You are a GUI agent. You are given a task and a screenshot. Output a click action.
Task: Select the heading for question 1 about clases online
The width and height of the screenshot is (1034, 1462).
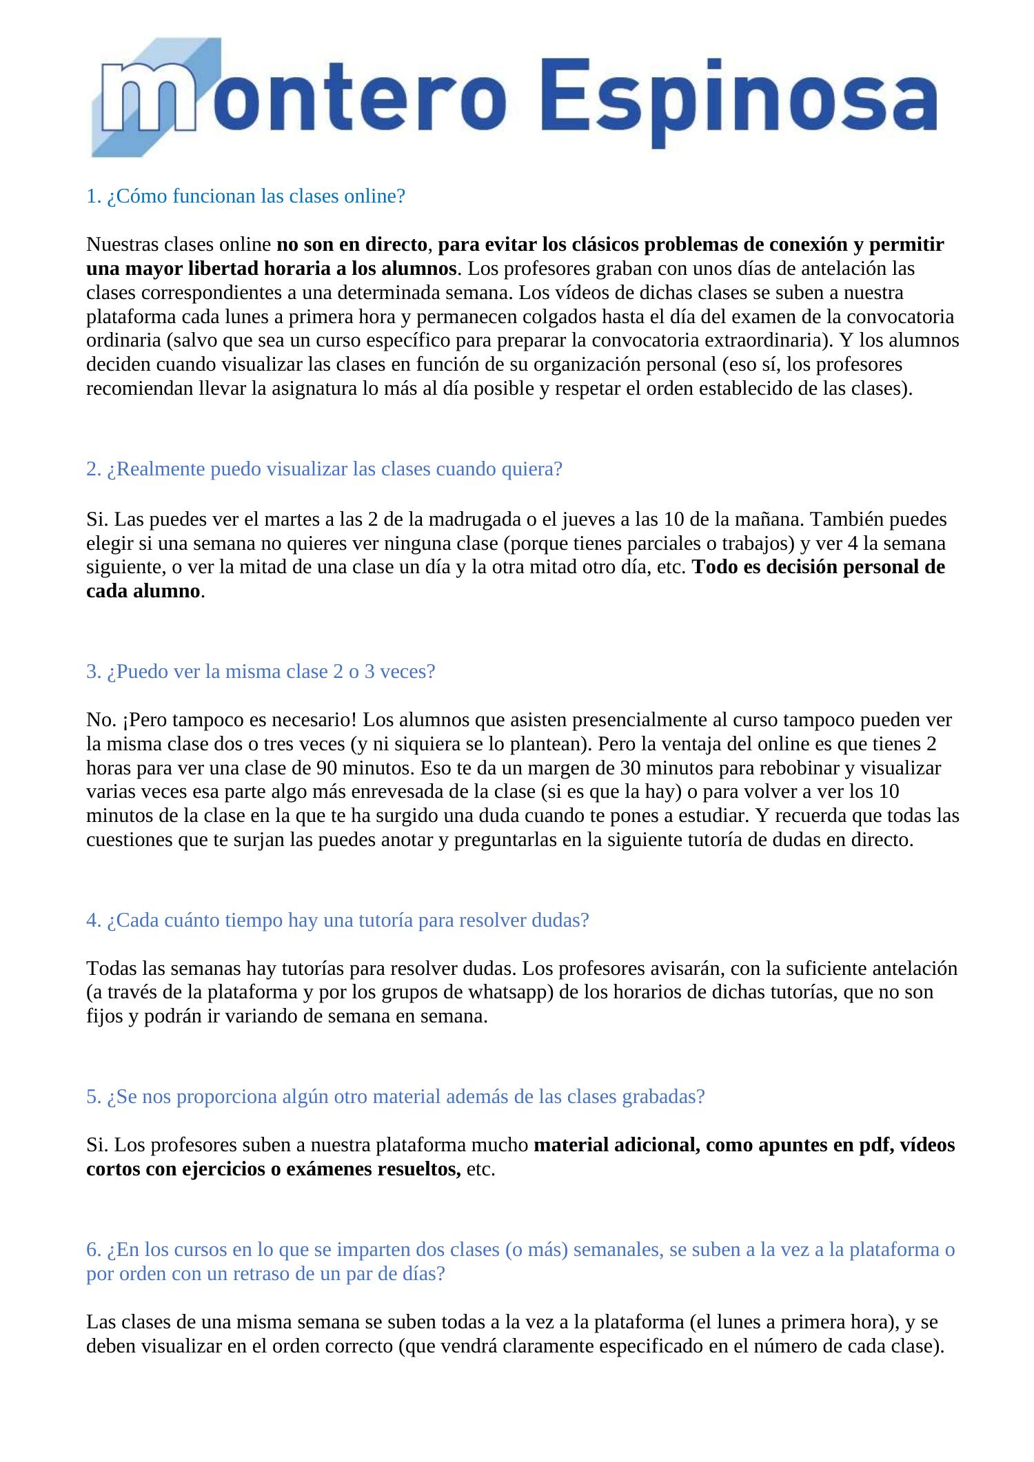[245, 196]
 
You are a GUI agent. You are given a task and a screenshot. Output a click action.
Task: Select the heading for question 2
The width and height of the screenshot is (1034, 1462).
[324, 469]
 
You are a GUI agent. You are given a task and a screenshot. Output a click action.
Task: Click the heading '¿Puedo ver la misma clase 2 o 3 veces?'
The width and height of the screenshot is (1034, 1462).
[261, 671]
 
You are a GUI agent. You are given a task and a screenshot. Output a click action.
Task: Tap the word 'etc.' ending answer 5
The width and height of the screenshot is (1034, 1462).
[480, 1168]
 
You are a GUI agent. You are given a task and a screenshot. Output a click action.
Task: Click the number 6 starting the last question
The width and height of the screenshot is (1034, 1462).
[91, 1249]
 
